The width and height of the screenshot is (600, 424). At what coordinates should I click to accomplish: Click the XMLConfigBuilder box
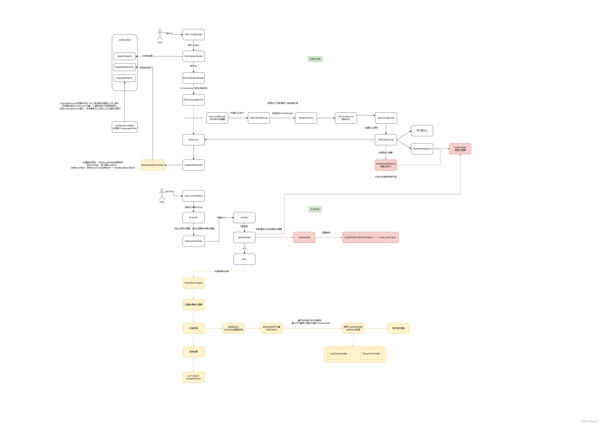click(x=193, y=34)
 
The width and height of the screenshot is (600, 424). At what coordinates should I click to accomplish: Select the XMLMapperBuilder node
click(x=193, y=56)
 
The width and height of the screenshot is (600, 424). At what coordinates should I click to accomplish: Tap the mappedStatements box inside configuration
click(x=125, y=67)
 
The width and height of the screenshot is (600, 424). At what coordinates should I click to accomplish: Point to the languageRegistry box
click(x=125, y=78)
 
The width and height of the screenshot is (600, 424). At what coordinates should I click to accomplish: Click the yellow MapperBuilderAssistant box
click(x=153, y=165)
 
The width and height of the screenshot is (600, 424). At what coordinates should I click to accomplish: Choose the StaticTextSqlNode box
click(x=259, y=118)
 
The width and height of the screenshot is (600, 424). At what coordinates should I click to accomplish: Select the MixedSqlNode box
click(x=306, y=118)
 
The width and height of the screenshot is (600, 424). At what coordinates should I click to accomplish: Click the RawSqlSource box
click(x=346, y=118)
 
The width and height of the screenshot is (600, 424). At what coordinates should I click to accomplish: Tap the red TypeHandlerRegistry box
click(x=386, y=165)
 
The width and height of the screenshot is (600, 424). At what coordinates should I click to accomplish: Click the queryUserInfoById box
click(x=193, y=196)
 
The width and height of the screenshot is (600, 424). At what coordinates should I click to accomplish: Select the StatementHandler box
click(x=193, y=241)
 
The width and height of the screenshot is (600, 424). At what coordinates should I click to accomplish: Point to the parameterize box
click(x=244, y=237)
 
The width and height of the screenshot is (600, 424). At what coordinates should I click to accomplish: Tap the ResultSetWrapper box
click(x=193, y=283)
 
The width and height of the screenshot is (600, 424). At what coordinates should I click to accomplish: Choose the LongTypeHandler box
click(x=339, y=354)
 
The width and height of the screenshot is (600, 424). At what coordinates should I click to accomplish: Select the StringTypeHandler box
click(x=371, y=354)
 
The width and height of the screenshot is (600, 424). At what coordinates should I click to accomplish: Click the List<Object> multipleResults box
click(x=193, y=377)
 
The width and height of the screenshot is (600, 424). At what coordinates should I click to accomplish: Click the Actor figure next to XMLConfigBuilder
click(x=160, y=35)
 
